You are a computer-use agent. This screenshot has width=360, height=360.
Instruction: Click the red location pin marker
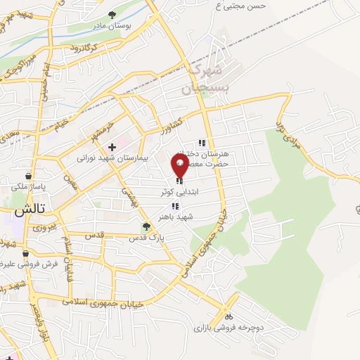pyautogui.click(x=180, y=166)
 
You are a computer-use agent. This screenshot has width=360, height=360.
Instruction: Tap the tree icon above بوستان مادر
pyautogui.click(x=112, y=15)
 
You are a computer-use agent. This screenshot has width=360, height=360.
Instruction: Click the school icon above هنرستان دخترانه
pyautogui.click(x=202, y=143)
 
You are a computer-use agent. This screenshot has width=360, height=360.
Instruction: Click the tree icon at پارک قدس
pyautogui.click(x=146, y=226)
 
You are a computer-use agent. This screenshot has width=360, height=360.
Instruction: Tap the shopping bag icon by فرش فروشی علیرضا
pyautogui.click(x=26, y=254)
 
